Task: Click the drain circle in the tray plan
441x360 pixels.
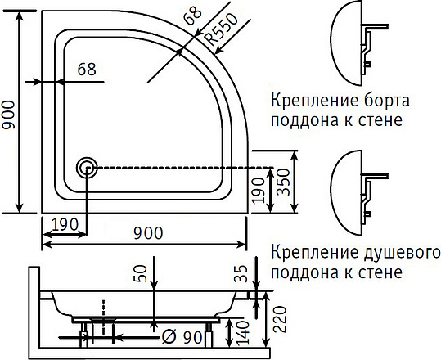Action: pos(86,167)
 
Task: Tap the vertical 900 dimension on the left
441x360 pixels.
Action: pos(11,115)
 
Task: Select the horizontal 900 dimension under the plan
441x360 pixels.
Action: pos(146,233)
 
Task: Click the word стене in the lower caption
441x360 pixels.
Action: pos(383,271)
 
